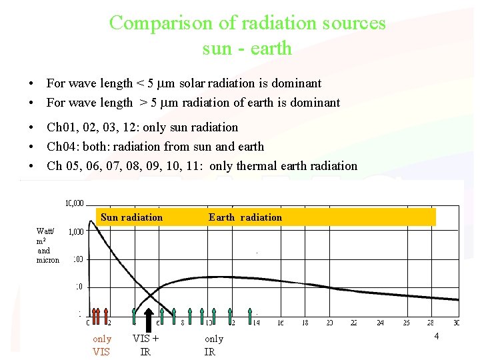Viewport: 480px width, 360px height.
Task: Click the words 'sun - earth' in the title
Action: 247,47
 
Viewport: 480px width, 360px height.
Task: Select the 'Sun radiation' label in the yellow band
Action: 131,217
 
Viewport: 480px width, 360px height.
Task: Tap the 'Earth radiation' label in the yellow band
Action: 245,217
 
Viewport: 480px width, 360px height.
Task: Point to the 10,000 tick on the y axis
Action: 74,203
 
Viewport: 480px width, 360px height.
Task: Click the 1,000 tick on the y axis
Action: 75,231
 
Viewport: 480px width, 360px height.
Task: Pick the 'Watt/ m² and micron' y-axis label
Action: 47,245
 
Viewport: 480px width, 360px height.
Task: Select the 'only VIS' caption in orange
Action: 101,345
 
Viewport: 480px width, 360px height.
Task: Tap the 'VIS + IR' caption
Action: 145,345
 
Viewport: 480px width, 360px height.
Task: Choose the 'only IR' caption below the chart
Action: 213,345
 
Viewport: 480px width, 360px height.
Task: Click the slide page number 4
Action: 436,336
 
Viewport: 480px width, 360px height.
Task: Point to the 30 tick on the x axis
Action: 456,323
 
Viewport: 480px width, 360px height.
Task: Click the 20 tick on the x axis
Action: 329,323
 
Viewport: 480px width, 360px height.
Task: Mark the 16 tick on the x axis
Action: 281,323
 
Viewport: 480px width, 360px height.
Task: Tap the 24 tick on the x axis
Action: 380,323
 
